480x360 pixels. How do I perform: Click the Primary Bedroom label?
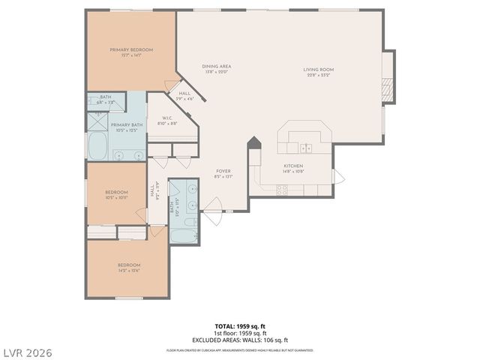pyautogui.click(x=131, y=50)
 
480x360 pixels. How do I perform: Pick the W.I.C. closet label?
pyautogui.click(x=168, y=119)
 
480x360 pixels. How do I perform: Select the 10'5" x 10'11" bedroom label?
pyautogui.click(x=116, y=194)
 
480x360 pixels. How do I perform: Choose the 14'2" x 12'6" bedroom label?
pyautogui.click(x=128, y=267)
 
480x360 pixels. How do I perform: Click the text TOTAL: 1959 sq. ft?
pyautogui.click(x=239, y=327)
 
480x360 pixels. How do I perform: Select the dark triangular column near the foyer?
pyautogui.click(x=255, y=142)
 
